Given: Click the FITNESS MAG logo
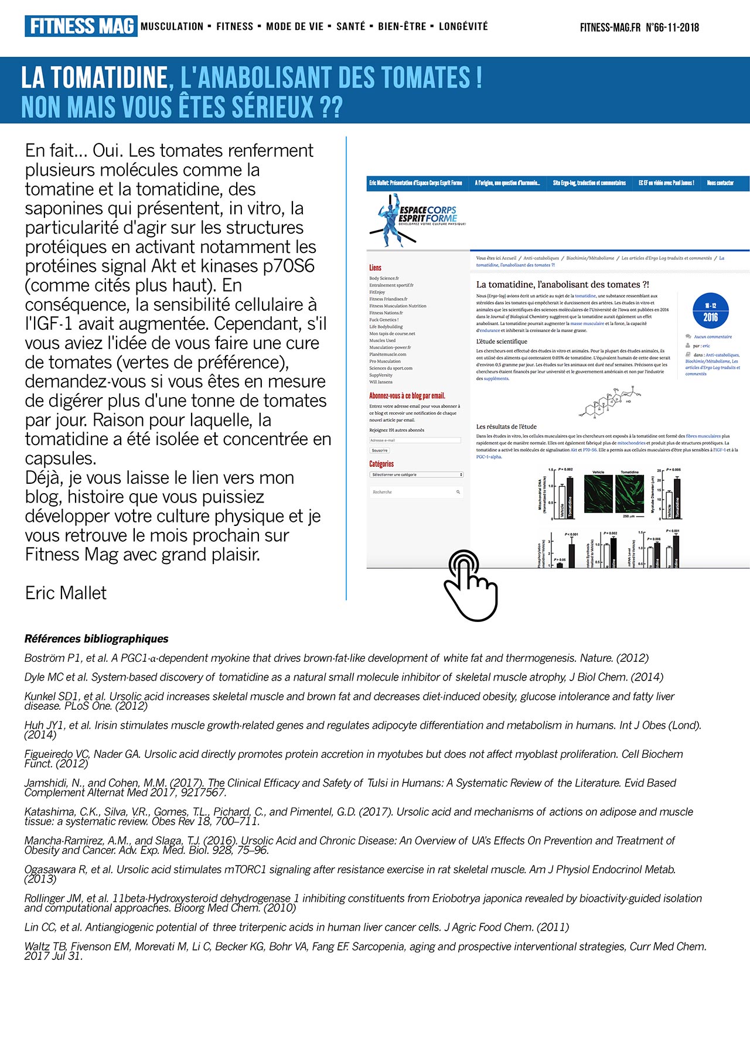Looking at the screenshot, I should coord(81,26).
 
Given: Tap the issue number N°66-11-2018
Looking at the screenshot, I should coord(672,27).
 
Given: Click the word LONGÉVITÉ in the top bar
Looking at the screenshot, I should coord(463,26).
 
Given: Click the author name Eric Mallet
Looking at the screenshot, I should coord(66,593).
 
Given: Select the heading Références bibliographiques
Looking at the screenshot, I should coord(97,638).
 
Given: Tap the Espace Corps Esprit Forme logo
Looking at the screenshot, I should coord(419,218).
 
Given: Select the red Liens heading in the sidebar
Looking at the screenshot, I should coord(375,268).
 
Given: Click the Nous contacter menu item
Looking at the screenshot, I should coord(720,183).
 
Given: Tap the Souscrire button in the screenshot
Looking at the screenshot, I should coord(380,450).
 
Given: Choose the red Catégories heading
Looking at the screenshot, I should coord(381,464).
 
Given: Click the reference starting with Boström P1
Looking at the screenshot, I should coord(336,658).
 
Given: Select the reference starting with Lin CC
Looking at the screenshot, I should coord(296,927).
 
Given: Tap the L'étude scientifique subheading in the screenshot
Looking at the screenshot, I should coord(502,341).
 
